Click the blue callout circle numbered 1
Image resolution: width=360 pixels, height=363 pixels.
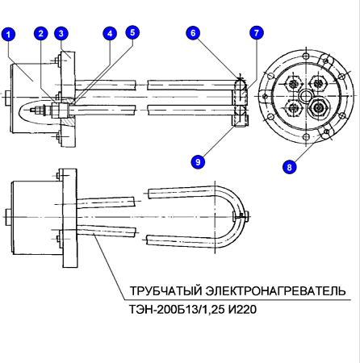point(8,34)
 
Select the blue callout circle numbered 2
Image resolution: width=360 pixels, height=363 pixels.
point(40,33)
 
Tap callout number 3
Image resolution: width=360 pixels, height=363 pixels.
point(61,33)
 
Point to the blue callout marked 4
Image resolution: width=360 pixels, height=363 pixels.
point(110,33)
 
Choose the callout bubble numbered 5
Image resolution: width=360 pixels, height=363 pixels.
point(132,32)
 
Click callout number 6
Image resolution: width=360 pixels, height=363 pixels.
point(193,33)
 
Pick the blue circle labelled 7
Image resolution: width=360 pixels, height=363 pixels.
point(256,33)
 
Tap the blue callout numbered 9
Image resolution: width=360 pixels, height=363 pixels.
point(198,161)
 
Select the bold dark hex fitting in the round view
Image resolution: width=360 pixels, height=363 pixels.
point(319,107)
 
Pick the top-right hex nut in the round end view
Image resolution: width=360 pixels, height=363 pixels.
point(319,84)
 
